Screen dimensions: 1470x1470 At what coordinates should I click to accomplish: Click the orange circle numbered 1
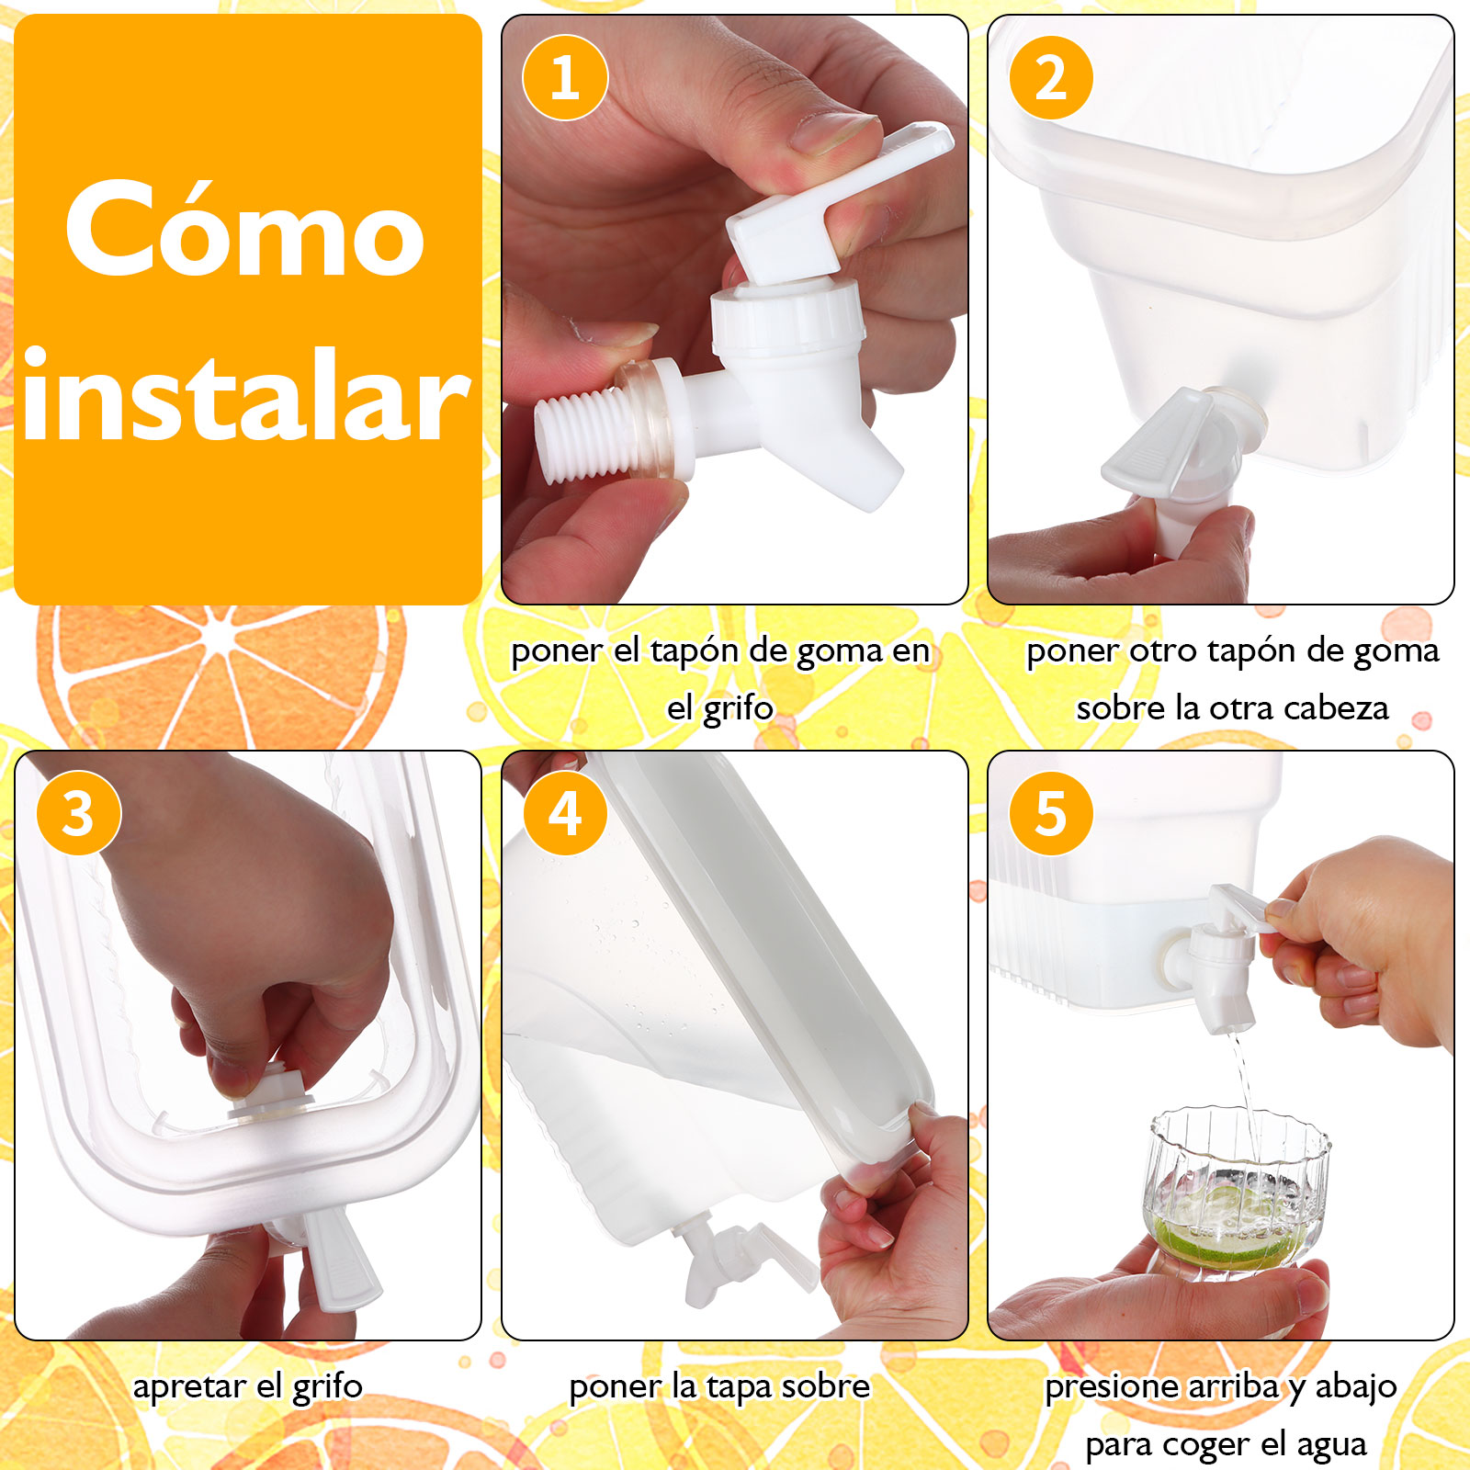(565, 77)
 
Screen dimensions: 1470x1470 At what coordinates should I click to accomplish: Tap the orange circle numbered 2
(1051, 77)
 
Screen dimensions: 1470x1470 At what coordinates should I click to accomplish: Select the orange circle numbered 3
(79, 813)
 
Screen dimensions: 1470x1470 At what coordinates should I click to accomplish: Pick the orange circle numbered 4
(565, 813)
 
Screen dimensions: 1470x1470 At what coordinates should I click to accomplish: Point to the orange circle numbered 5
(1051, 813)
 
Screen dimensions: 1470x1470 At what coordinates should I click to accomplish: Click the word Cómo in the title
(244, 230)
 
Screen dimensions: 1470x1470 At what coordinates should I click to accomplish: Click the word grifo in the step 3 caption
(327, 1386)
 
